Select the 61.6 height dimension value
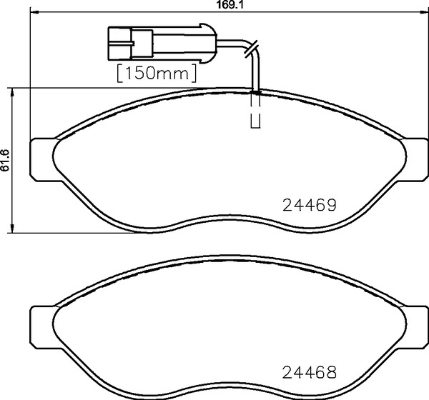(6, 161)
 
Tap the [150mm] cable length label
(156, 72)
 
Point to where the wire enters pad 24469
(255, 91)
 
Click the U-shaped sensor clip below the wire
(255, 121)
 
